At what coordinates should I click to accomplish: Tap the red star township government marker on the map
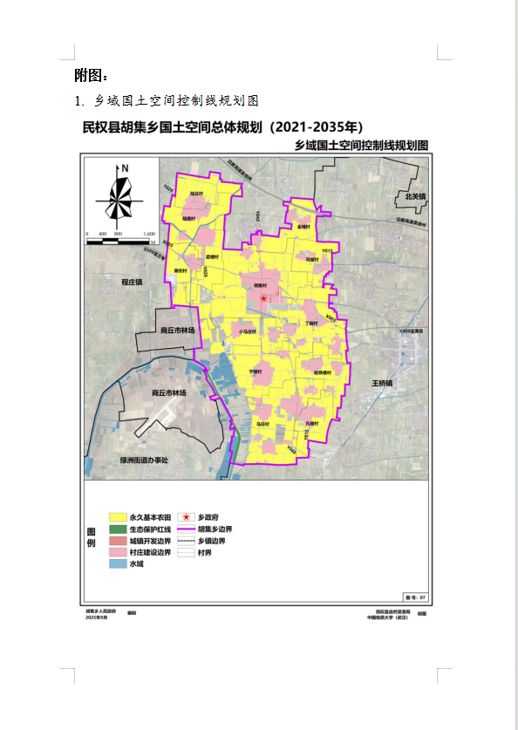pyautogui.click(x=263, y=298)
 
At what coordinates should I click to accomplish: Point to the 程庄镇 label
pyautogui.click(x=132, y=282)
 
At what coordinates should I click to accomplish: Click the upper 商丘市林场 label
pyautogui.click(x=181, y=331)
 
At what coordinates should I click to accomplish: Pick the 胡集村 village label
pyautogui.click(x=260, y=285)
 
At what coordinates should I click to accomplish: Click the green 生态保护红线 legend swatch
pyautogui.click(x=117, y=529)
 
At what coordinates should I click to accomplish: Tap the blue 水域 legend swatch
pyautogui.click(x=117, y=564)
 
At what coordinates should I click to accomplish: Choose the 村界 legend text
pyautogui.click(x=205, y=553)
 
